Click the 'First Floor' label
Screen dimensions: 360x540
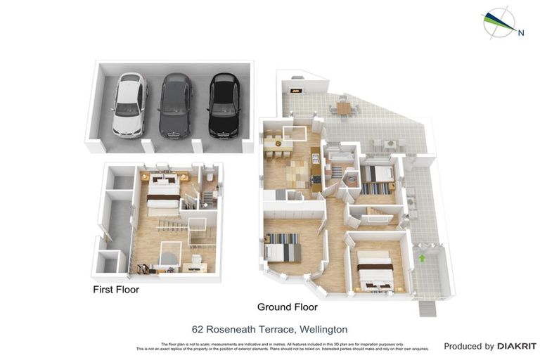(x=116, y=290)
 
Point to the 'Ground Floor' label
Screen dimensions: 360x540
(x=287, y=307)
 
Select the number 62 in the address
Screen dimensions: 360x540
(x=198, y=329)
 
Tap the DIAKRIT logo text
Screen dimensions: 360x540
(x=517, y=347)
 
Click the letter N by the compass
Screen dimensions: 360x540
(x=520, y=32)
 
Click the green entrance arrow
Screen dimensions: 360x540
(x=422, y=258)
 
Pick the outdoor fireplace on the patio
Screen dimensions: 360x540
(x=295, y=89)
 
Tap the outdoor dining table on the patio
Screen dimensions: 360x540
(x=343, y=108)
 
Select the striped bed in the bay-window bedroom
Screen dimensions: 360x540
(x=284, y=246)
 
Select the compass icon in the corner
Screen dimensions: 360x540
(x=499, y=22)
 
